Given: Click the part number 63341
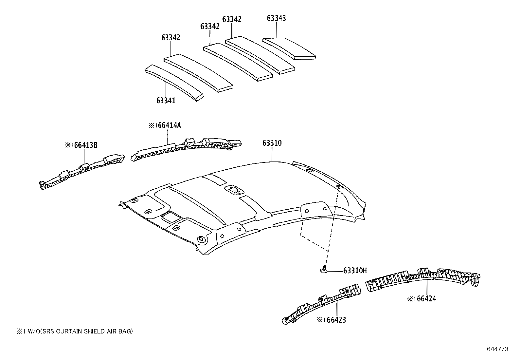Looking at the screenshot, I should point(166,100).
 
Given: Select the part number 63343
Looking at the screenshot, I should point(276,18).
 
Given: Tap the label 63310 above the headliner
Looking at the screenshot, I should point(272,143).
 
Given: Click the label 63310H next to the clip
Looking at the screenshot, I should point(355,271).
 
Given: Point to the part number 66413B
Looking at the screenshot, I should point(85,145).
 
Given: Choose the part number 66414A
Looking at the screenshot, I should point(169,125).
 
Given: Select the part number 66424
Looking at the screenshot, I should point(425,299).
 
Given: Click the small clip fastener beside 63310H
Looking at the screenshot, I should point(323,270).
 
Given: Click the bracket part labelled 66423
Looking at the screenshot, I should point(322,303).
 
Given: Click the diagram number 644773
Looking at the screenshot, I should point(497,349).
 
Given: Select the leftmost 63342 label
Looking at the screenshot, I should point(171,37).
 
